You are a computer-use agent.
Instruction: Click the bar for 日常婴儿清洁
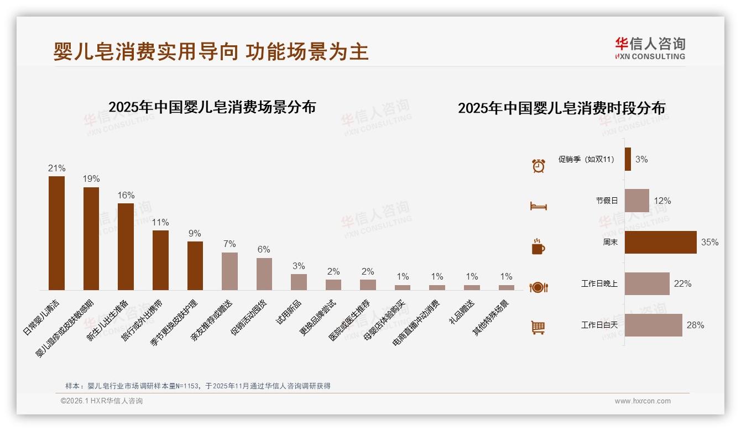[x=56, y=233]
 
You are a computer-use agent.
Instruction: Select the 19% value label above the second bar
[x=91, y=179]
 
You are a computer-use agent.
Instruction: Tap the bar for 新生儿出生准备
[x=126, y=246]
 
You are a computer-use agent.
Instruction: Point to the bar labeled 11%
[x=160, y=260]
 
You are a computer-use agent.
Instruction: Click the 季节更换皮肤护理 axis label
[x=174, y=323]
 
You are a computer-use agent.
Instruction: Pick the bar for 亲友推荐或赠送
[x=229, y=271]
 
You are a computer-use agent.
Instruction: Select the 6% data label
[x=264, y=250]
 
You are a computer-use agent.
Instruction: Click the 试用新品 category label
[x=289, y=313]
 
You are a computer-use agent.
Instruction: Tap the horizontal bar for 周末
[x=660, y=242]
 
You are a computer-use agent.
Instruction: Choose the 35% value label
[x=709, y=243]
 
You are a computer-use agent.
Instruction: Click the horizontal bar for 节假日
[x=636, y=201]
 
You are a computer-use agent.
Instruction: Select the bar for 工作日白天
[x=653, y=325]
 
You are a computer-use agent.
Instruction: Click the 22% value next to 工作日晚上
[x=682, y=284]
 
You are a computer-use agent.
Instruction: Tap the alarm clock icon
[x=538, y=165]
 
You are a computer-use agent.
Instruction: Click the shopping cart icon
[x=538, y=328]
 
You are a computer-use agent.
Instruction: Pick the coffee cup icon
[x=538, y=246]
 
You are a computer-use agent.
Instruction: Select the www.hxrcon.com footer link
[x=643, y=401]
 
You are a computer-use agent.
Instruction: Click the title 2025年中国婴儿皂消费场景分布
[x=212, y=107]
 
